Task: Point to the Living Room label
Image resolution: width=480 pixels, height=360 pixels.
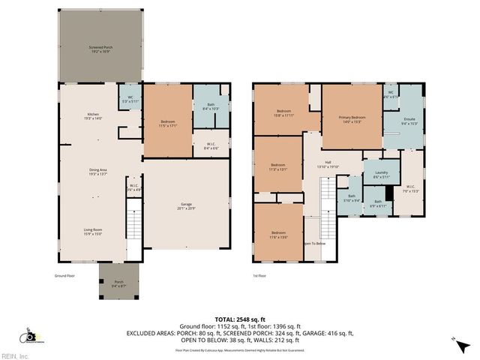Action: pos(92,232)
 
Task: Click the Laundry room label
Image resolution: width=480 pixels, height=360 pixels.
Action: pos(382,175)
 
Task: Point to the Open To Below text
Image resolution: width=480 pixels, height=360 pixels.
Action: pos(313,243)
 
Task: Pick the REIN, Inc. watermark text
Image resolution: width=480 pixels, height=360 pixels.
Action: pos(15,355)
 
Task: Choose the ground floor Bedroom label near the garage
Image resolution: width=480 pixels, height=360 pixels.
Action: pos(168,124)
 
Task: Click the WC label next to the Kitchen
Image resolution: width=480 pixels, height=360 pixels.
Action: pos(130,100)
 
